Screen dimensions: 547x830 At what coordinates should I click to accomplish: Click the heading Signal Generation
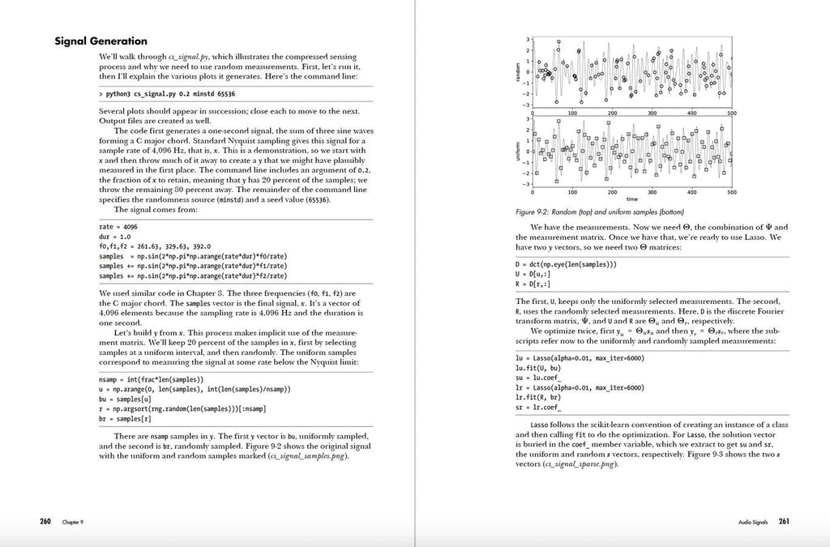[101, 41]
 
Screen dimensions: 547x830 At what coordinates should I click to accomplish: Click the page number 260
[45, 521]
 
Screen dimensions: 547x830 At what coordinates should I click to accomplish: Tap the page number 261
[784, 521]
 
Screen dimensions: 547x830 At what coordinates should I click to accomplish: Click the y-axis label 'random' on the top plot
[516, 72]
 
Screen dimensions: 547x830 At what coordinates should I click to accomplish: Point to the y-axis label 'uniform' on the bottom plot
[516, 152]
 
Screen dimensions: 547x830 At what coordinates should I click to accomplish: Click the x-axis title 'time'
[631, 199]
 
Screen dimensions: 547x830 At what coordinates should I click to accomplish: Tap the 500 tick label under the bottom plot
[731, 192]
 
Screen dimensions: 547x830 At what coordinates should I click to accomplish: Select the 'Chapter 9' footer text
[73, 522]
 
